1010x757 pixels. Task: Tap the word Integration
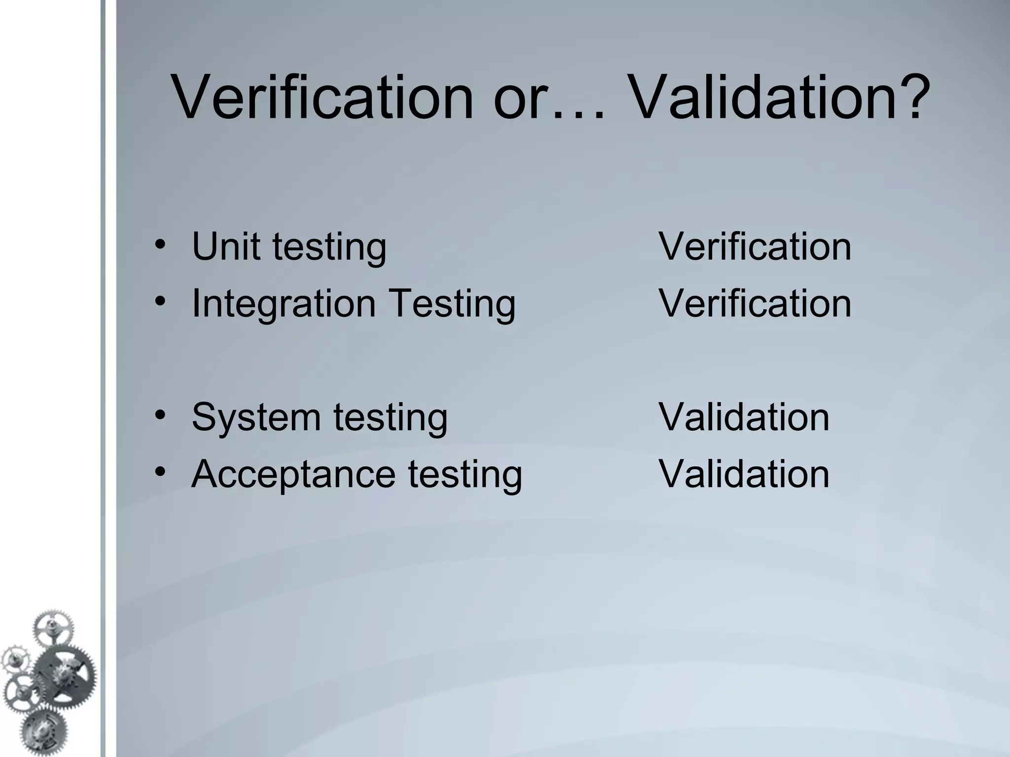(x=284, y=304)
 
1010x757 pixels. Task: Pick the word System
(x=256, y=417)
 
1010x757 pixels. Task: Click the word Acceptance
(x=293, y=474)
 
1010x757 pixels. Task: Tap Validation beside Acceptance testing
(x=744, y=474)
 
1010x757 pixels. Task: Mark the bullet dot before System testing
(x=159, y=415)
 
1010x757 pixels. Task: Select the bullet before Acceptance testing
(x=159, y=472)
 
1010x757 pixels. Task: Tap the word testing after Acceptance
(x=465, y=474)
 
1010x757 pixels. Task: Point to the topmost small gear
(x=52, y=628)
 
